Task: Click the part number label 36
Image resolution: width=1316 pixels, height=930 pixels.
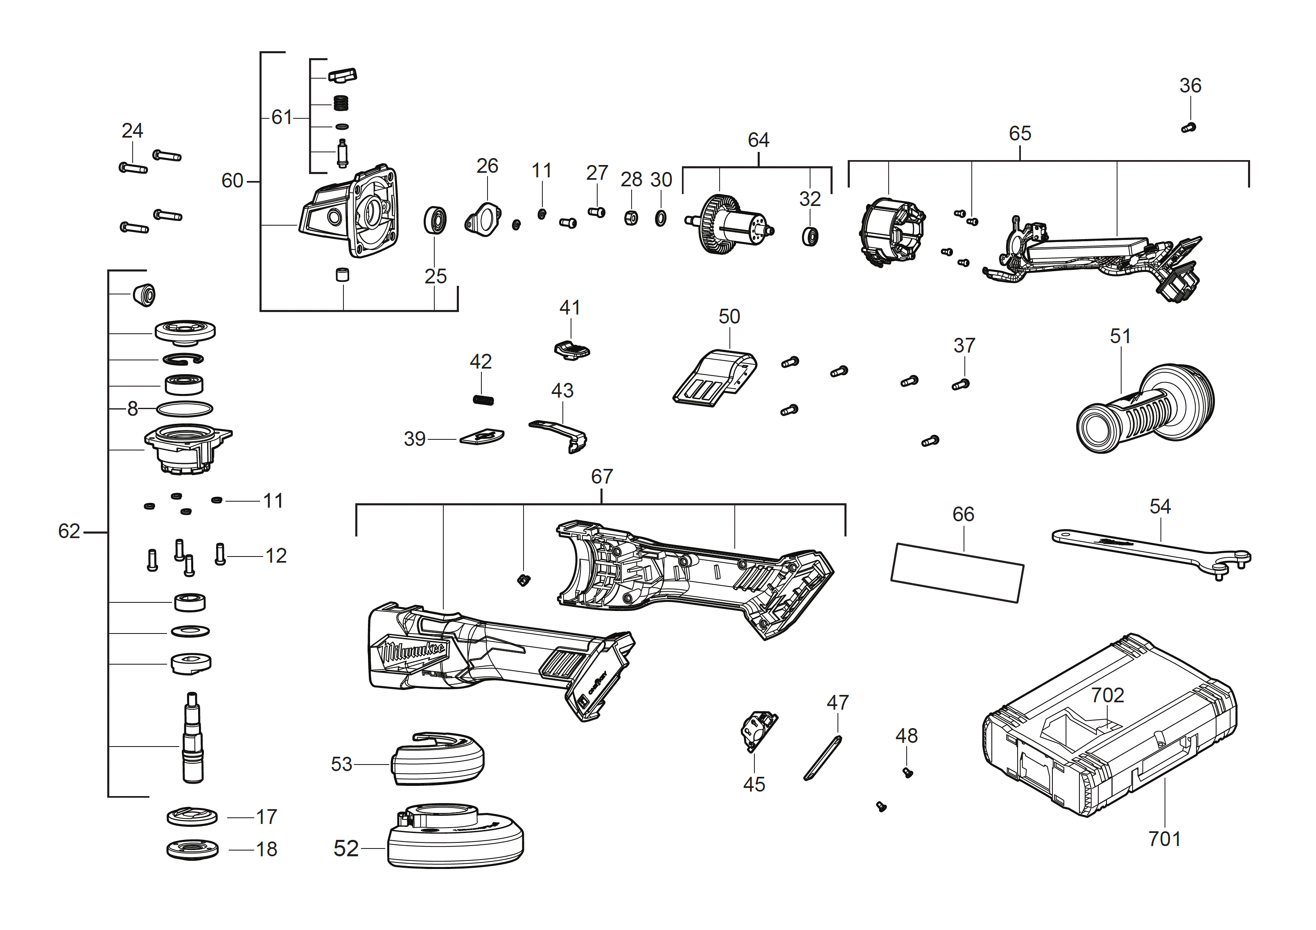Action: (x=1190, y=86)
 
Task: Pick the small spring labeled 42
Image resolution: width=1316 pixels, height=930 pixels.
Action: (x=483, y=400)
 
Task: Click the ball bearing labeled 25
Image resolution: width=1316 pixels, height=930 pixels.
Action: (x=435, y=220)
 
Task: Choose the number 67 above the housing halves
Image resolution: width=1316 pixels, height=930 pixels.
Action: (x=602, y=477)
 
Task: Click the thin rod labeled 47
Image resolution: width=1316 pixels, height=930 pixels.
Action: (x=822, y=758)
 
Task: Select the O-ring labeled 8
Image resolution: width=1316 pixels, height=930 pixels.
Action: (x=184, y=409)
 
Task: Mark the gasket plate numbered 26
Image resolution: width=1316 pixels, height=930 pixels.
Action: (x=483, y=219)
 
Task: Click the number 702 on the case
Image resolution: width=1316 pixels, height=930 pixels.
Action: (x=1107, y=695)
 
